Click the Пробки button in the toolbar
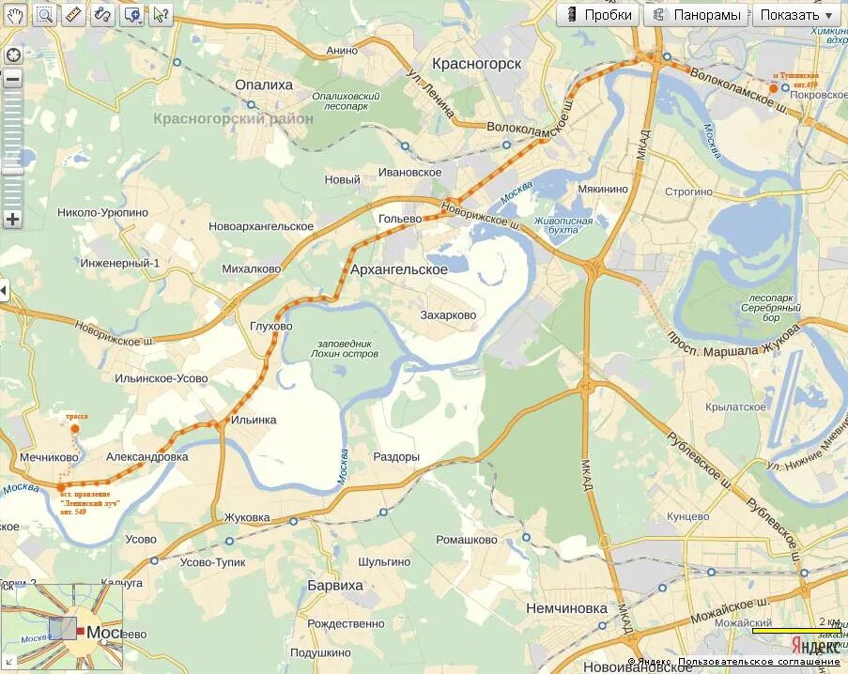[x=598, y=15]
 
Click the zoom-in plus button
[x=12, y=220]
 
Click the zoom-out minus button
[x=12, y=79]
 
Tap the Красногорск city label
[x=476, y=63]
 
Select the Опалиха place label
[x=264, y=84]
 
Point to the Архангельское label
[x=398, y=269]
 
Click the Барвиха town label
[x=335, y=585]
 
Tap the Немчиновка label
[x=566, y=607]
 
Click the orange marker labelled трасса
[x=74, y=429]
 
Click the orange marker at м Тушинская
[x=773, y=88]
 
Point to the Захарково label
[x=448, y=315]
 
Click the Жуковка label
[x=247, y=517]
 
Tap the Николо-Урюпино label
[x=102, y=213]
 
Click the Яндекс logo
[x=814, y=647]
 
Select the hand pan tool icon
[x=16, y=14]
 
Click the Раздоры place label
[x=396, y=457]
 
